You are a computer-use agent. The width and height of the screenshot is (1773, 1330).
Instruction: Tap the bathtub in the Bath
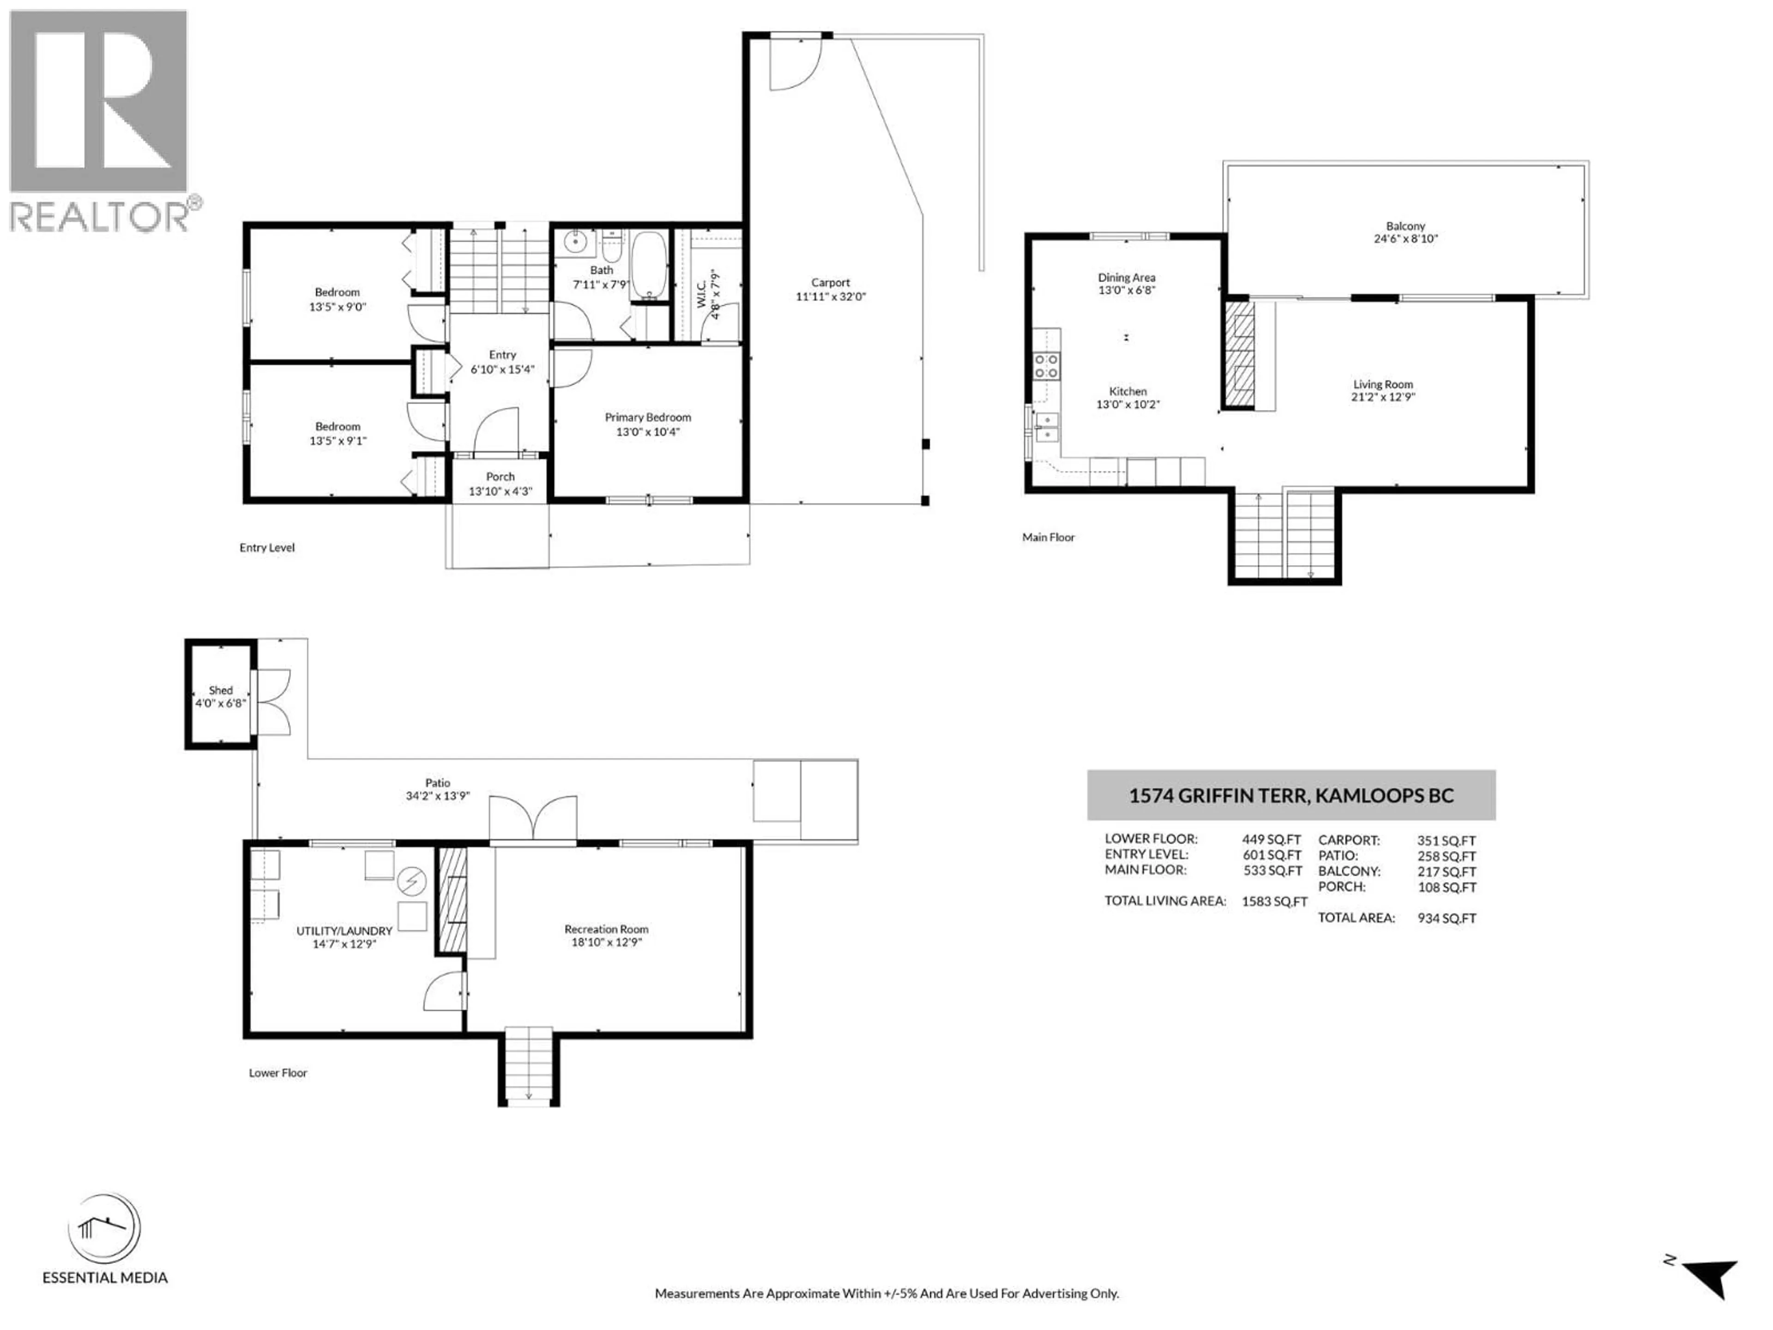[648, 266]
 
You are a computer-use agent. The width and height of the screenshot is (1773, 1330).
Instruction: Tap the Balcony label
[1405, 227]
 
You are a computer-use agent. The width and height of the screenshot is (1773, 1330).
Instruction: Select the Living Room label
[1383, 385]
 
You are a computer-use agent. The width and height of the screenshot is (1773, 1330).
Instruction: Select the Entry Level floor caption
[267, 548]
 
